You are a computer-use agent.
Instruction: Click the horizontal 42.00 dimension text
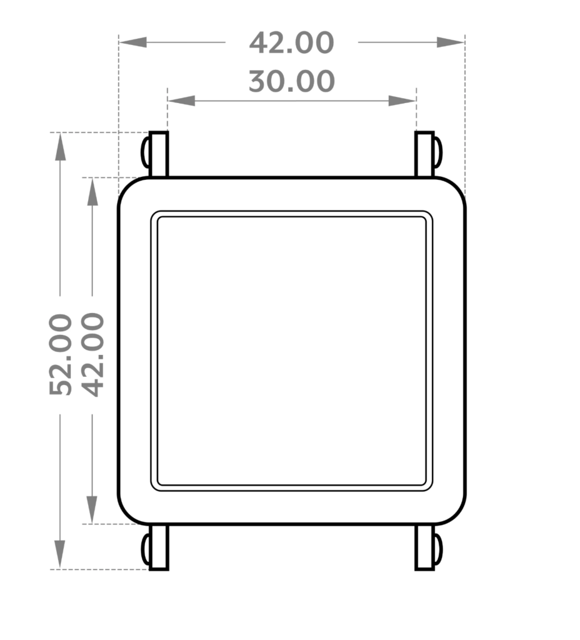pos(291,43)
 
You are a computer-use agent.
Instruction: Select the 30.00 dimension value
pos(291,81)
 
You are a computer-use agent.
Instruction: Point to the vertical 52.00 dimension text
pos(61,354)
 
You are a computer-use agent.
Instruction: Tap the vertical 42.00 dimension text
pos(92,354)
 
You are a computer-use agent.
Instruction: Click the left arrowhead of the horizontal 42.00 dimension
pos(133,42)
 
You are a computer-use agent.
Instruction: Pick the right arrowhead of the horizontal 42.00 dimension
pos(451,42)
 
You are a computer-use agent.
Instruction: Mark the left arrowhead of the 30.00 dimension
pos(181,101)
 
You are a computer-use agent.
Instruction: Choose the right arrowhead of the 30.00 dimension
pos(402,101)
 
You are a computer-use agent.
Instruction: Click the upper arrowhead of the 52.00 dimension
pos(61,146)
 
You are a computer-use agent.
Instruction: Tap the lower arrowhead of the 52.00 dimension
pos(60,554)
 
